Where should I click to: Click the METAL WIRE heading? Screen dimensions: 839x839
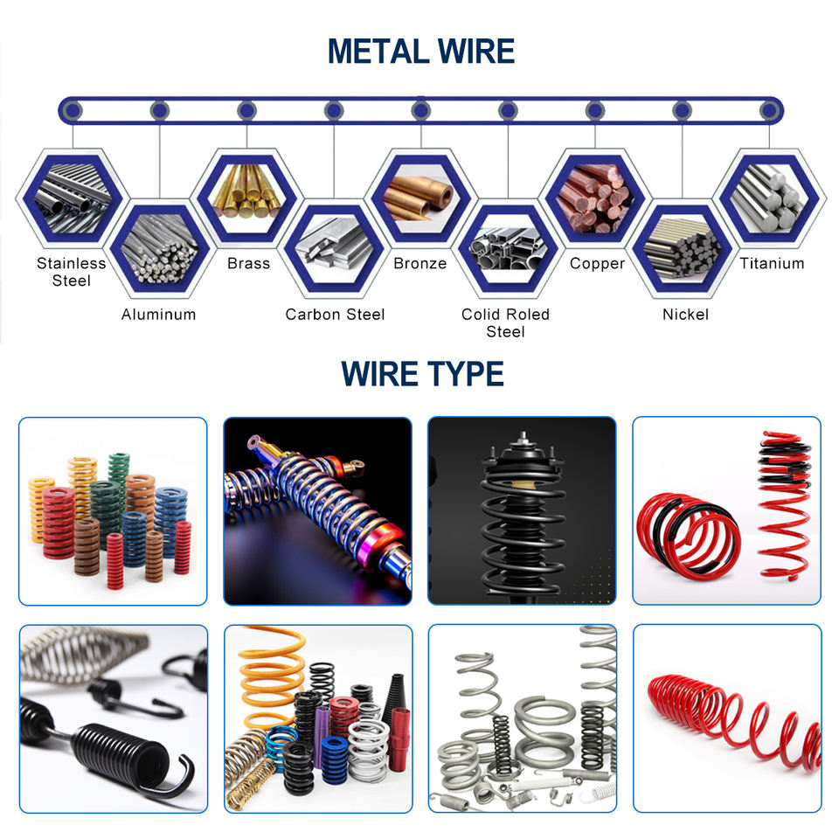(420, 52)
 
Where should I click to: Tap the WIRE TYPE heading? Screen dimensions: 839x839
(422, 374)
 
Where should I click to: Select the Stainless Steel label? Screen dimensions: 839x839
(72, 272)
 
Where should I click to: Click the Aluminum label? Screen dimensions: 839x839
(158, 315)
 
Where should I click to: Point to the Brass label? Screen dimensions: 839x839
(248, 264)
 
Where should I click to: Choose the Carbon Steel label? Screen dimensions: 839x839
(335, 315)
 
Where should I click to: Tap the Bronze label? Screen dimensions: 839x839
(419, 264)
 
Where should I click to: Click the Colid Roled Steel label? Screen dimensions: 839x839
(505, 322)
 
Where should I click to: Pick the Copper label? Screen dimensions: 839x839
(597, 264)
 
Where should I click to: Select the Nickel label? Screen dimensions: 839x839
(685, 315)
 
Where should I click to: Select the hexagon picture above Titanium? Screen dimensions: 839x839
(769, 198)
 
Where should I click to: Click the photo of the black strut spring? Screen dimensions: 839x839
(522, 511)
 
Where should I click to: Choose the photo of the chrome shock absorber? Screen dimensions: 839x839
(317, 511)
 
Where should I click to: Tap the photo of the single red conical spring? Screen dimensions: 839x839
(727, 718)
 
